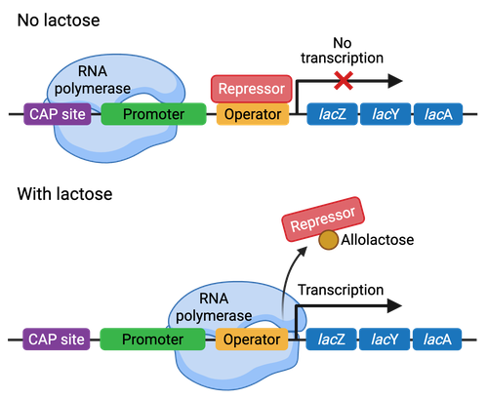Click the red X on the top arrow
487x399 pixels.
point(342,80)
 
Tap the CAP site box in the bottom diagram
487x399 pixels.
point(56,339)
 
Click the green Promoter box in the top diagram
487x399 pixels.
point(154,115)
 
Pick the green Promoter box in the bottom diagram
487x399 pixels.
point(151,339)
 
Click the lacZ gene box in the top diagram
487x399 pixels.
point(330,115)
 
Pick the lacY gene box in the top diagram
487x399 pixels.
point(384,115)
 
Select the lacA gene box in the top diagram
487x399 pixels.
point(437,115)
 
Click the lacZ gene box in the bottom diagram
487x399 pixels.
point(330,339)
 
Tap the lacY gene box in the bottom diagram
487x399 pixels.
point(384,339)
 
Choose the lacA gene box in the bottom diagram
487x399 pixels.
point(437,339)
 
